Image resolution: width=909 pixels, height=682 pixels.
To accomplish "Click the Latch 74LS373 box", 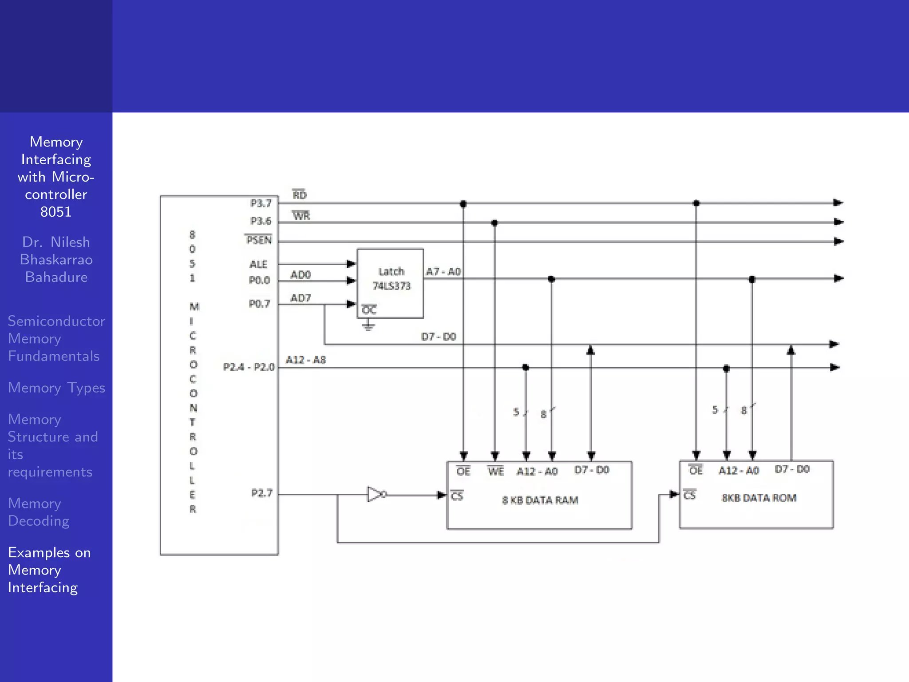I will coord(390,283).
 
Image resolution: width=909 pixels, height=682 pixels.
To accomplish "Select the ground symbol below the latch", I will coord(368,326).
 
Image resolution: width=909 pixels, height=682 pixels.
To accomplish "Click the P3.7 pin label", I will coord(261,203).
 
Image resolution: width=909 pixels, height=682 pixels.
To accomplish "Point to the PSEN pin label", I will coord(258,240).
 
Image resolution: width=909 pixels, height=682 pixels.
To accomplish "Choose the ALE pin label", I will coord(258,264).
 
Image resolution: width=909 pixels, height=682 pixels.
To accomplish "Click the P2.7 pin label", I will coord(262,493).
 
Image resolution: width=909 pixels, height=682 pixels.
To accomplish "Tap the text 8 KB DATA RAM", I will coord(540,500).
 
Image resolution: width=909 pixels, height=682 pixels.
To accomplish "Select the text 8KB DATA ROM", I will coord(759,498).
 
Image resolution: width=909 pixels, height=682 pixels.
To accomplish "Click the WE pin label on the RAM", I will coord(495,471).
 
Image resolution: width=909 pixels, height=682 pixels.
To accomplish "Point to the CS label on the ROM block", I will coord(690,495).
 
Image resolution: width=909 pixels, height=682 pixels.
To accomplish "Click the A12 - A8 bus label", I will coord(306,360).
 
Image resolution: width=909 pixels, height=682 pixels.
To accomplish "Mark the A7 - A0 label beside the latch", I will coord(443,271).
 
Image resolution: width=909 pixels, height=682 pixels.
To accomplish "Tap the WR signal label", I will coord(301,216).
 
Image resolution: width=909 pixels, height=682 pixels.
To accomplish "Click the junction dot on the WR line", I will coord(494,223).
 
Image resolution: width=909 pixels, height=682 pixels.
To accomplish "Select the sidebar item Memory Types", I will coord(56,388).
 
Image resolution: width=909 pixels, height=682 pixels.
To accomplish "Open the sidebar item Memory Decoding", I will coord(39,512).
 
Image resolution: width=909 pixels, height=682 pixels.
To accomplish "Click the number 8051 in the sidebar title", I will coord(56,212).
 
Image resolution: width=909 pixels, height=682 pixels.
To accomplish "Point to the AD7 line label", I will coord(300,298).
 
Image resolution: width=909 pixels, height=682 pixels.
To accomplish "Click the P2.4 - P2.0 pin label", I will coord(249,367).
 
